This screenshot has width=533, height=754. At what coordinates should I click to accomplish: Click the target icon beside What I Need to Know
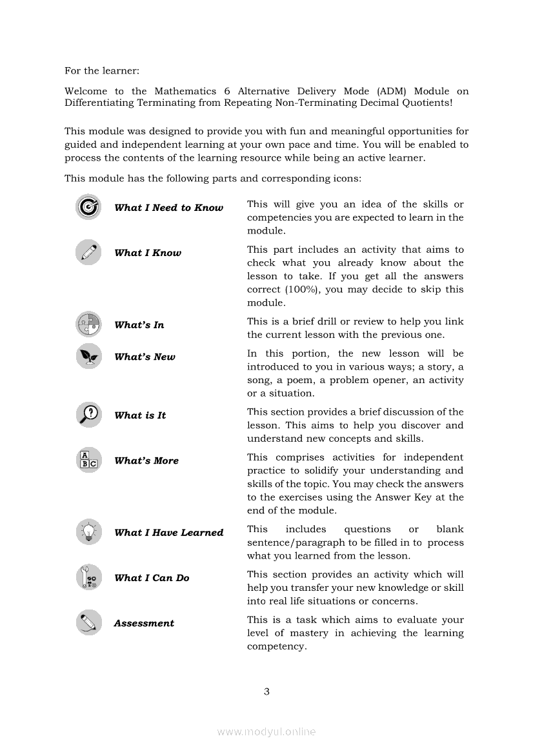point(88,207)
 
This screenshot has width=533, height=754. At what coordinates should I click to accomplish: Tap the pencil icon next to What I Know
point(88,252)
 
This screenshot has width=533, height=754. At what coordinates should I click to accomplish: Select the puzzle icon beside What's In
point(88,324)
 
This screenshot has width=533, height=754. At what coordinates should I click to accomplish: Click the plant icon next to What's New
point(88,356)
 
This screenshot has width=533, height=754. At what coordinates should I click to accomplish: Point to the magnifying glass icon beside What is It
point(88,415)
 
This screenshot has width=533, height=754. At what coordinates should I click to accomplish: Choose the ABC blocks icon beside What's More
point(88,460)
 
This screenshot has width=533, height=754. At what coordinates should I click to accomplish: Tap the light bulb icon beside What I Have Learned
point(88,532)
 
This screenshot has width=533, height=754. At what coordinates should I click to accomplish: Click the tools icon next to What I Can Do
point(88,577)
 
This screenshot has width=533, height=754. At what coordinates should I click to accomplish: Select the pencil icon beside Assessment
point(88,622)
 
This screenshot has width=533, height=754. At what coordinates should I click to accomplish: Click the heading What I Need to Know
point(168,208)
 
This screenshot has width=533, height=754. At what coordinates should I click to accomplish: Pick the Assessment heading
point(144,623)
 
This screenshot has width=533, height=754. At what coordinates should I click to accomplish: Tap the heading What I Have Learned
point(168,533)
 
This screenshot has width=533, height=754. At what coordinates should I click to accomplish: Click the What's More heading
point(146,461)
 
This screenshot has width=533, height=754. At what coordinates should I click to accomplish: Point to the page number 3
point(266,692)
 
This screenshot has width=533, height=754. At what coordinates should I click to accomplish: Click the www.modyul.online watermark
point(266,732)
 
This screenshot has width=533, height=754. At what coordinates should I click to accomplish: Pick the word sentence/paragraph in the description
point(296,542)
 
